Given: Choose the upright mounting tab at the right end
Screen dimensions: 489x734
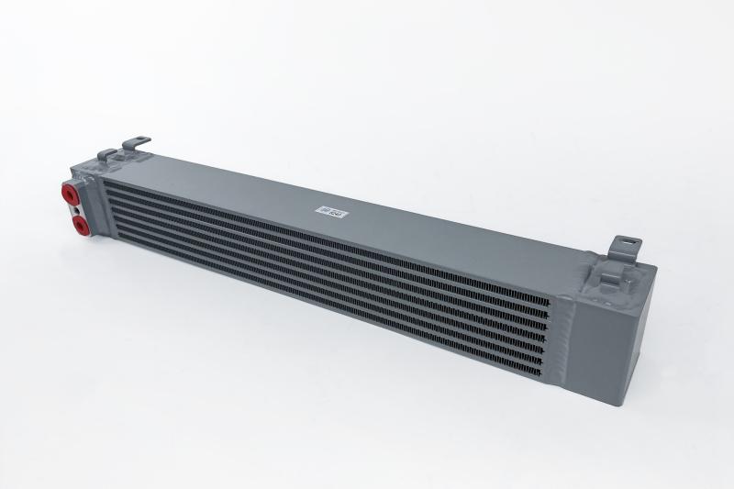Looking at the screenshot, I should coord(629,246).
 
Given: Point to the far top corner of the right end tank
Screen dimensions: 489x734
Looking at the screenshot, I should coord(656,266).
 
